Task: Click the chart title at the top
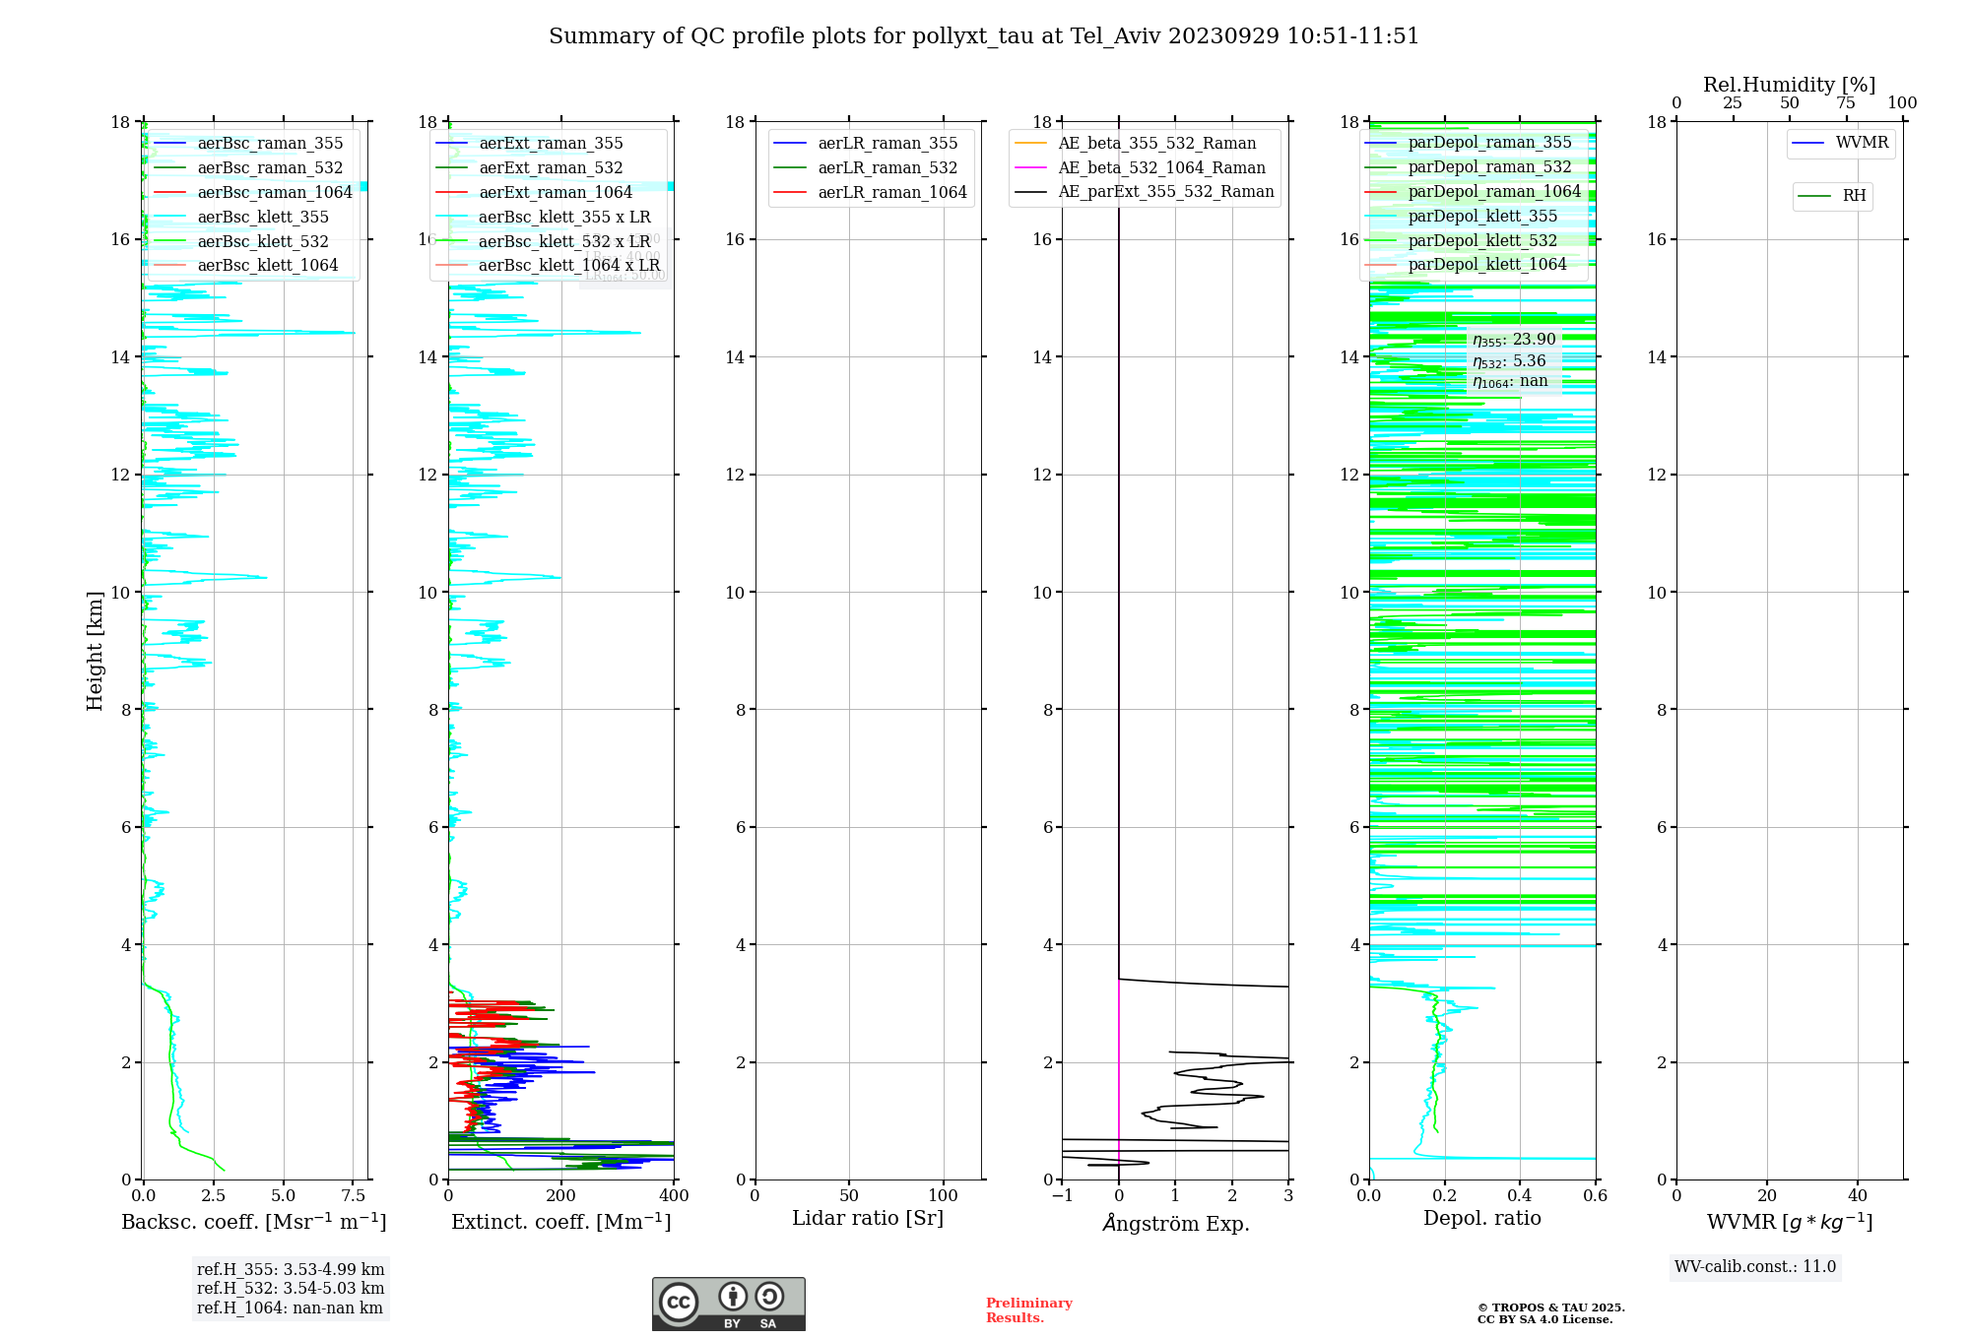coord(984,36)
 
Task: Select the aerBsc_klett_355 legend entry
coord(263,217)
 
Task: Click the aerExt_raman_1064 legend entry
coord(556,193)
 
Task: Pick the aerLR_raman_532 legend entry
coord(887,168)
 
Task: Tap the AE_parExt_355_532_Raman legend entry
coord(1166,192)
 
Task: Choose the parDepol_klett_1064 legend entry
coord(1487,265)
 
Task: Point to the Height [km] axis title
coord(95,651)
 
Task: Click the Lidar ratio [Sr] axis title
coord(868,1219)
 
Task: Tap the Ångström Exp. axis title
coord(1176,1224)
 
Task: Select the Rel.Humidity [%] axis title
coord(1789,85)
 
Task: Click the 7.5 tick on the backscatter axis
coord(354,1196)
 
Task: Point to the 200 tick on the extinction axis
coord(561,1196)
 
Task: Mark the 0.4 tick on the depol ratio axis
coord(1520,1196)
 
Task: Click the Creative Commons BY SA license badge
coord(728,1305)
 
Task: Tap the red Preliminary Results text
coord(1028,1310)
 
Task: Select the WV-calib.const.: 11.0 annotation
coord(1755,1267)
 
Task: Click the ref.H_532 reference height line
coord(291,1289)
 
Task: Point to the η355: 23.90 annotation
coord(1514,340)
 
